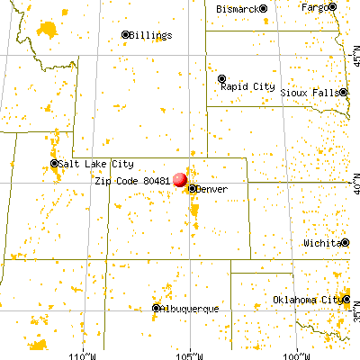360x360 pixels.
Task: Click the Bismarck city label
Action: (x=238, y=8)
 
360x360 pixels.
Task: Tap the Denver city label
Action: (x=213, y=189)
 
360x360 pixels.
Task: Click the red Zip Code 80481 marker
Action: (x=180, y=180)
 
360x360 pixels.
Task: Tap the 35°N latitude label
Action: (x=354, y=316)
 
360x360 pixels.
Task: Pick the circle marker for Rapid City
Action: (x=221, y=78)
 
